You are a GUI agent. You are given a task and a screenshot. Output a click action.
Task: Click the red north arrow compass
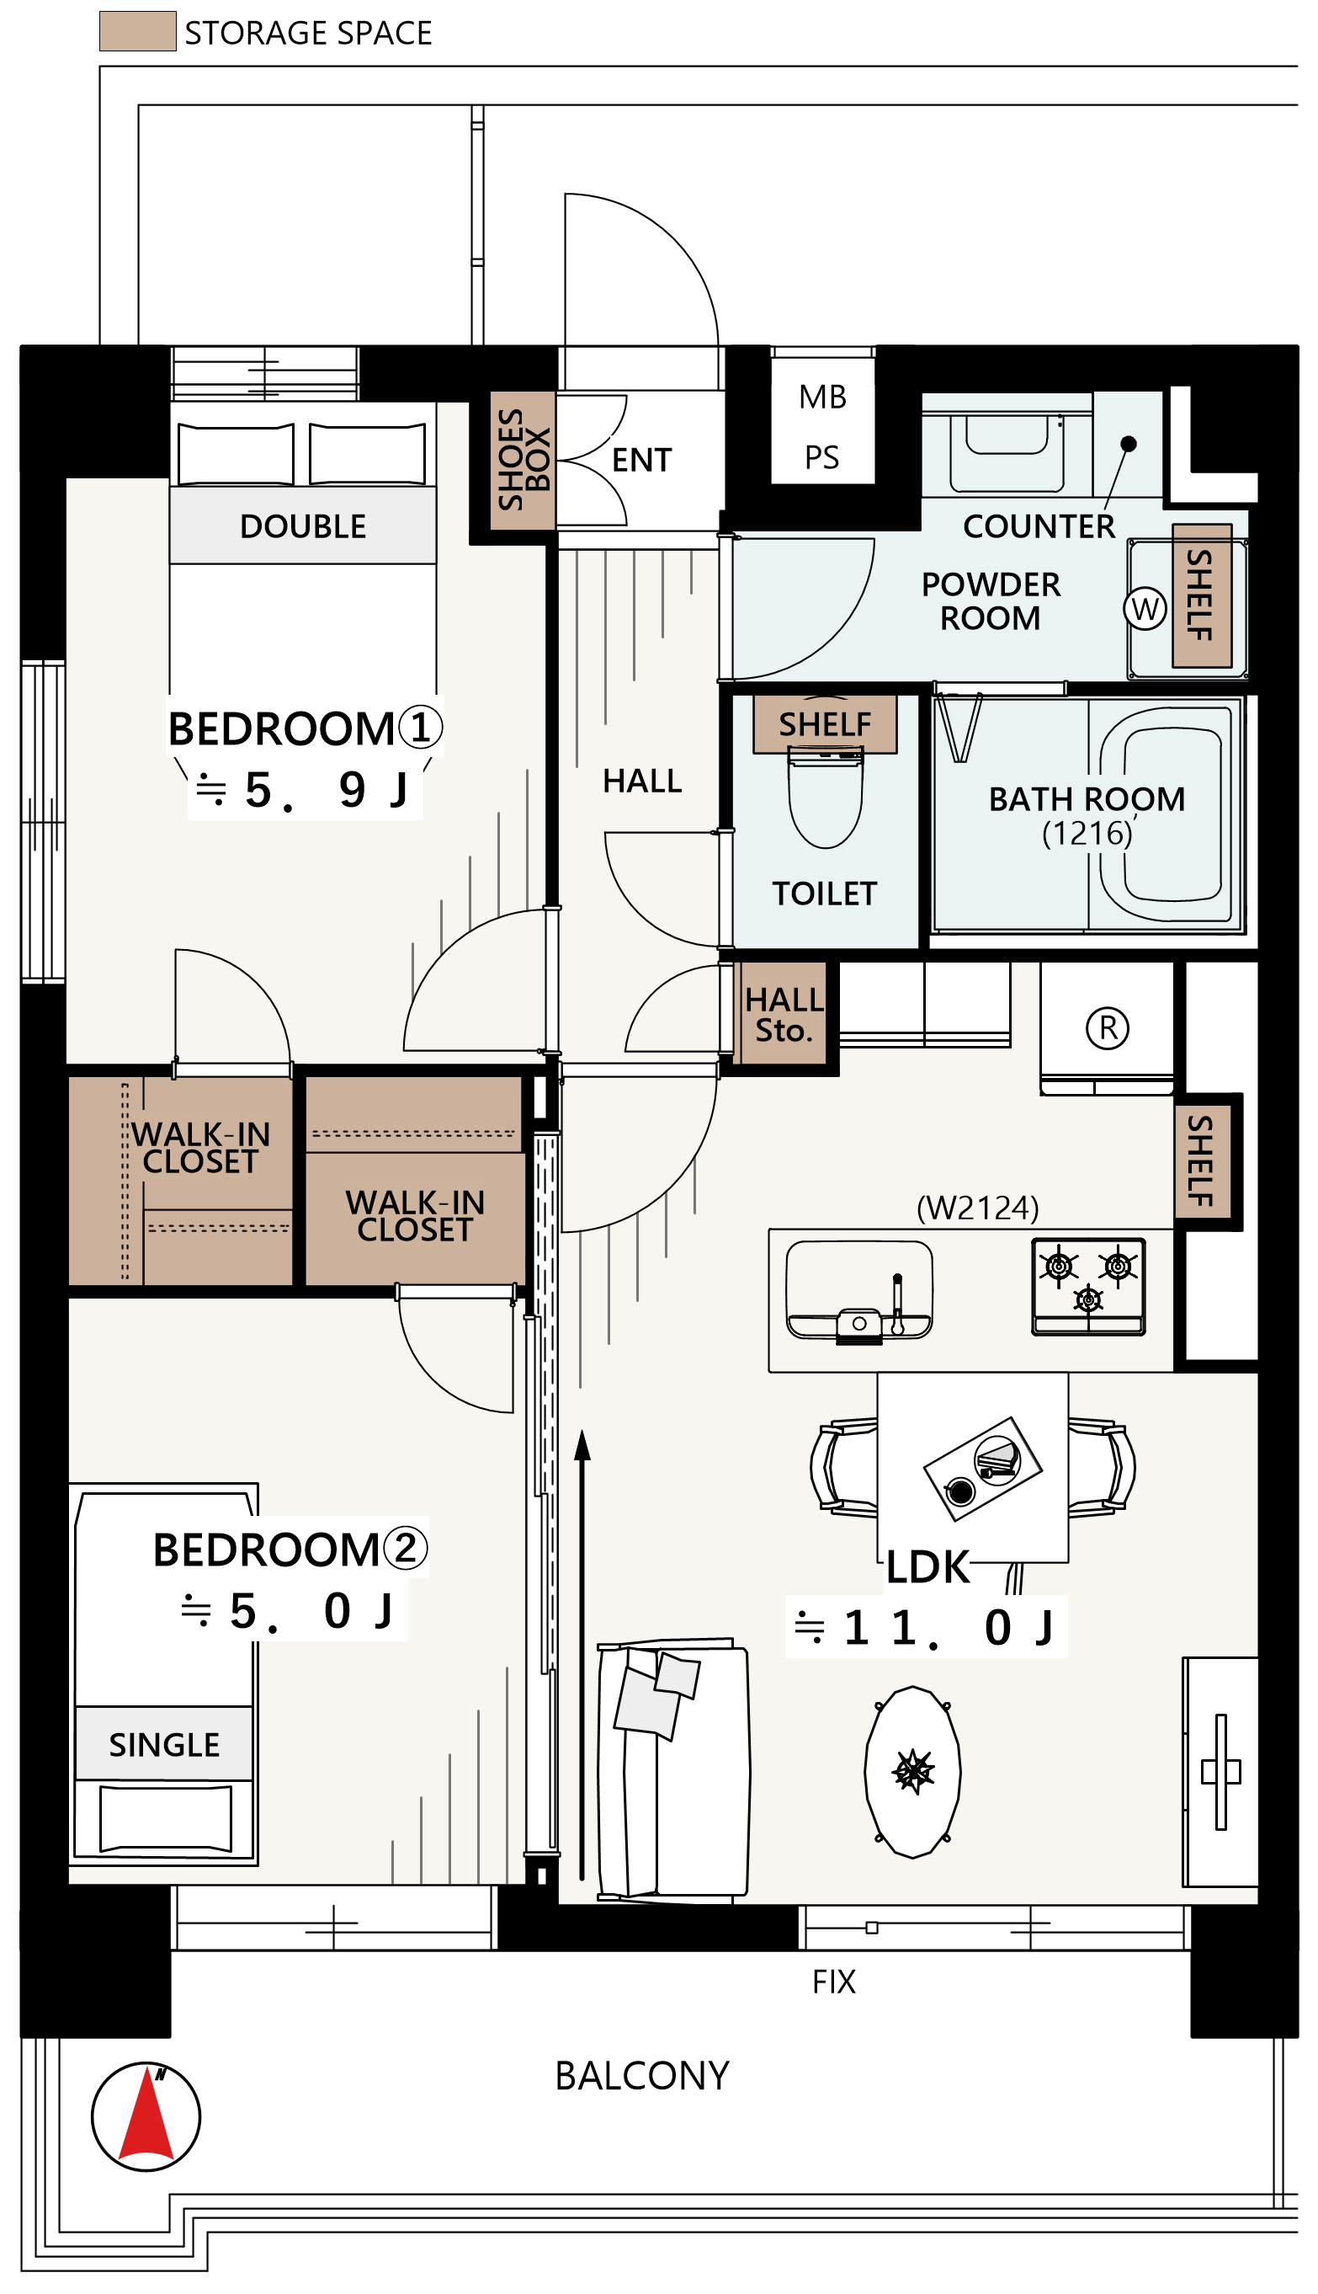(x=146, y=2116)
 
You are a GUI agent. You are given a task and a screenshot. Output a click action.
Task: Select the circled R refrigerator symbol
(x=1107, y=1028)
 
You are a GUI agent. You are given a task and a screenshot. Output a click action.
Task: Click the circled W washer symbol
(x=1145, y=609)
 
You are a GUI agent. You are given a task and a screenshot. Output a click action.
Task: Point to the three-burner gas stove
(x=1088, y=1286)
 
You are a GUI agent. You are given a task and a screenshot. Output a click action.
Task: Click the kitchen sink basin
(x=858, y=1289)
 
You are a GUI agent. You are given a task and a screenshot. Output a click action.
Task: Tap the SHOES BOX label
(x=523, y=459)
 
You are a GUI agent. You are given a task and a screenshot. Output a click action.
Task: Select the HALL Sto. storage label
(x=784, y=1014)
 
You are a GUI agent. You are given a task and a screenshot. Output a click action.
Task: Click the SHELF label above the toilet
(x=825, y=724)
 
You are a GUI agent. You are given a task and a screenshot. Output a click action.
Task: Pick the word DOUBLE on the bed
(x=302, y=526)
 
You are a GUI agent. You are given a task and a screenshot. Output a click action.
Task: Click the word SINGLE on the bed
(x=164, y=1744)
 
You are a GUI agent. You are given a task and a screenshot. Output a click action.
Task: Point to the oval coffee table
(x=912, y=1771)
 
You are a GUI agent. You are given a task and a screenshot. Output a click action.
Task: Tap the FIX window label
(x=834, y=1981)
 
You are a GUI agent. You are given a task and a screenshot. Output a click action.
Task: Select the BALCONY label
(x=642, y=2075)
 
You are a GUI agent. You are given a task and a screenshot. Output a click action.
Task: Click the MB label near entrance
(x=822, y=397)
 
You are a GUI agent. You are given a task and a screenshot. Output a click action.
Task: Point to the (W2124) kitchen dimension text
(x=978, y=1208)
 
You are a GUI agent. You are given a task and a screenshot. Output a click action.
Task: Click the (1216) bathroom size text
(x=1087, y=833)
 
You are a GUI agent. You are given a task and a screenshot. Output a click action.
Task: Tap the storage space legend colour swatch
(x=137, y=31)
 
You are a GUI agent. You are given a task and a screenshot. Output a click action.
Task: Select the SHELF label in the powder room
(x=1200, y=595)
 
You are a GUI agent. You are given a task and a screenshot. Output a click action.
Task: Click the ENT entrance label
(x=642, y=460)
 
